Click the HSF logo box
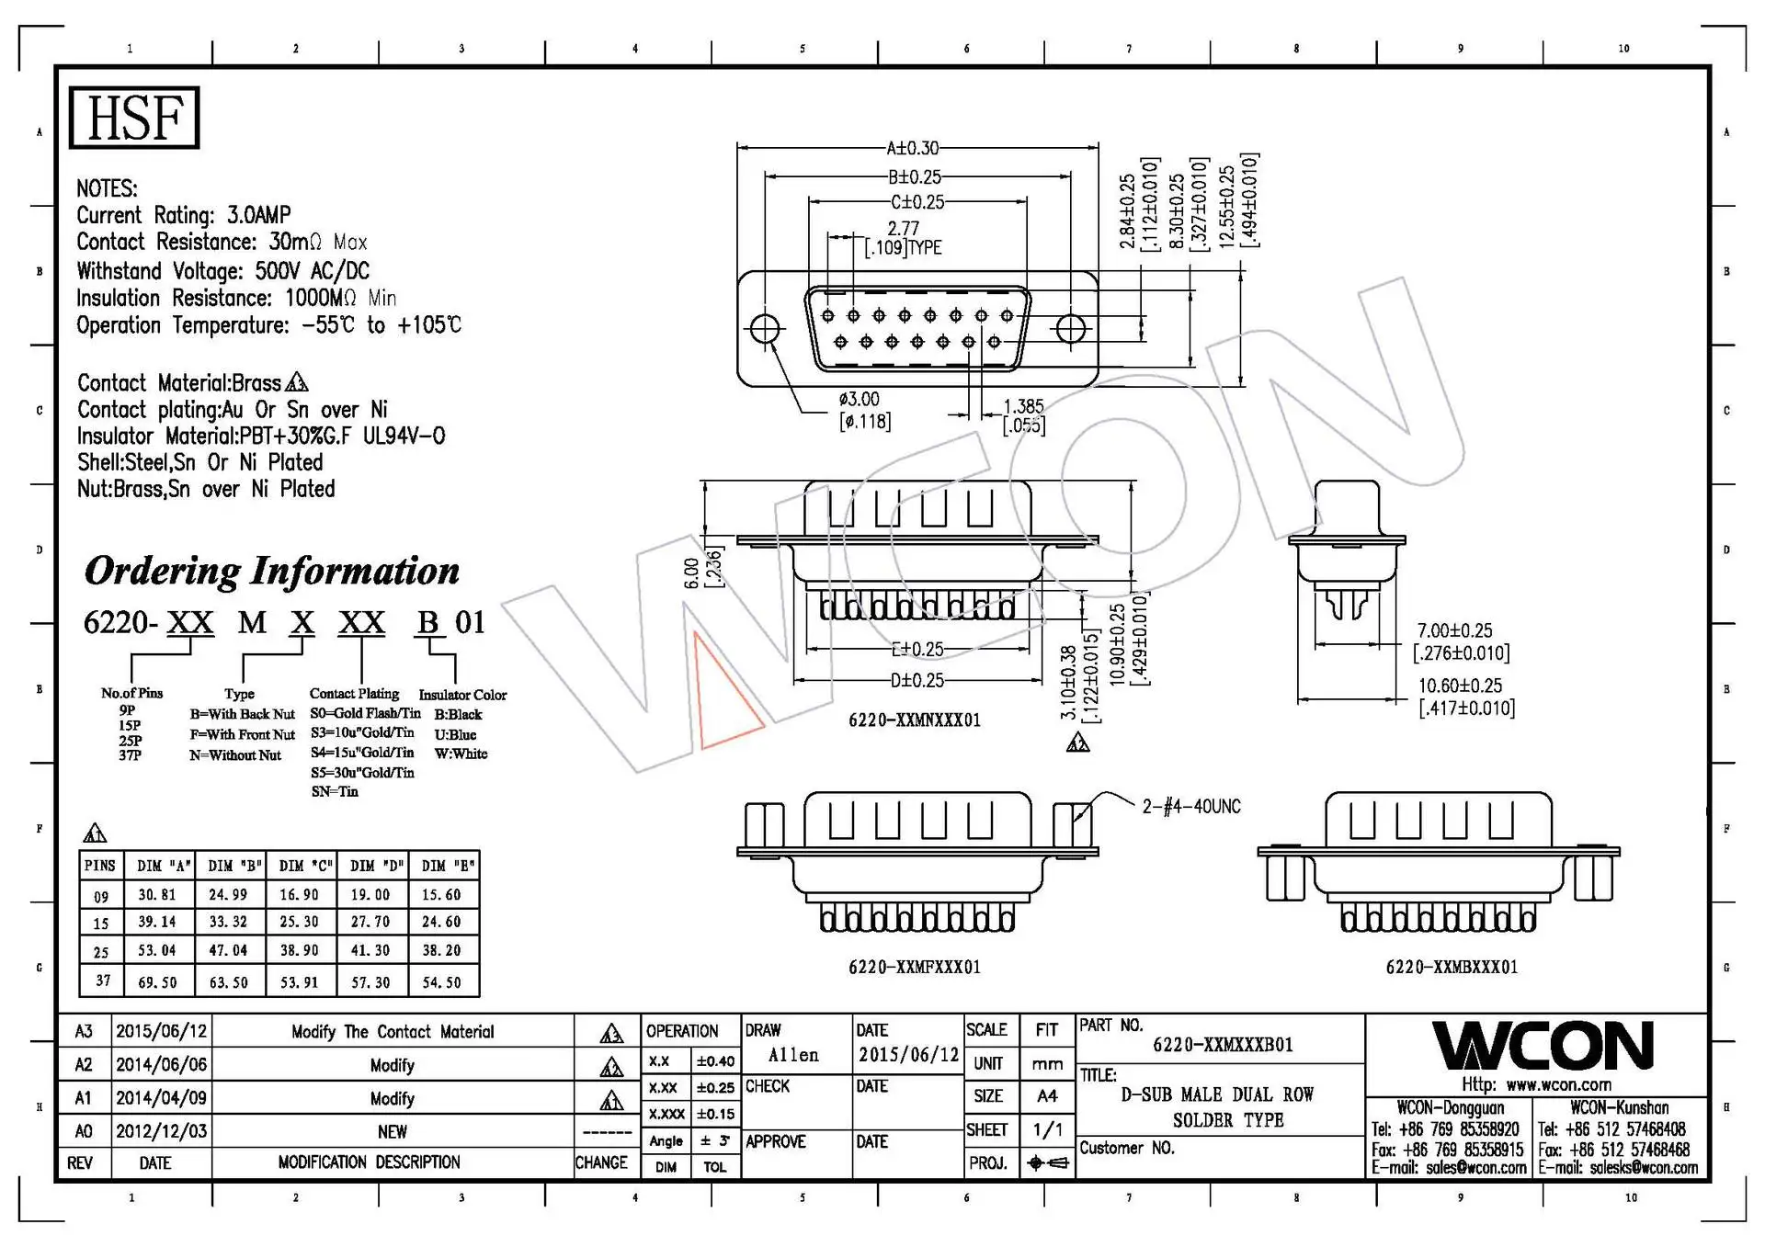134,118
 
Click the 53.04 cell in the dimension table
157,950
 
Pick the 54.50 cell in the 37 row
441,982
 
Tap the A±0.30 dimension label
912,148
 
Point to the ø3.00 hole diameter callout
859,400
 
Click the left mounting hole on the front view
765,329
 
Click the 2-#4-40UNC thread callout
1190,807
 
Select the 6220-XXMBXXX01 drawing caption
1452,967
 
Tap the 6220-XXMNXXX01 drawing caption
914,720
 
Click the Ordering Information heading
272,571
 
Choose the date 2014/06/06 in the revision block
161,1065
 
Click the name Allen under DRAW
793,1055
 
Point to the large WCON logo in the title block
1543,1046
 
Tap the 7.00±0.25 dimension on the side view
1454,630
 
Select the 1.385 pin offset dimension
1022,406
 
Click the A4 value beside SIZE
1047,1096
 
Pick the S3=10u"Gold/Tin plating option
362,733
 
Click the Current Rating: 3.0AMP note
184,215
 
